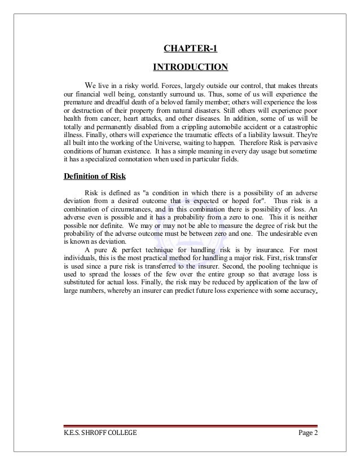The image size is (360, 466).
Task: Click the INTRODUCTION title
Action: (190, 68)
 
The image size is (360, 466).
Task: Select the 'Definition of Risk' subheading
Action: (96, 174)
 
